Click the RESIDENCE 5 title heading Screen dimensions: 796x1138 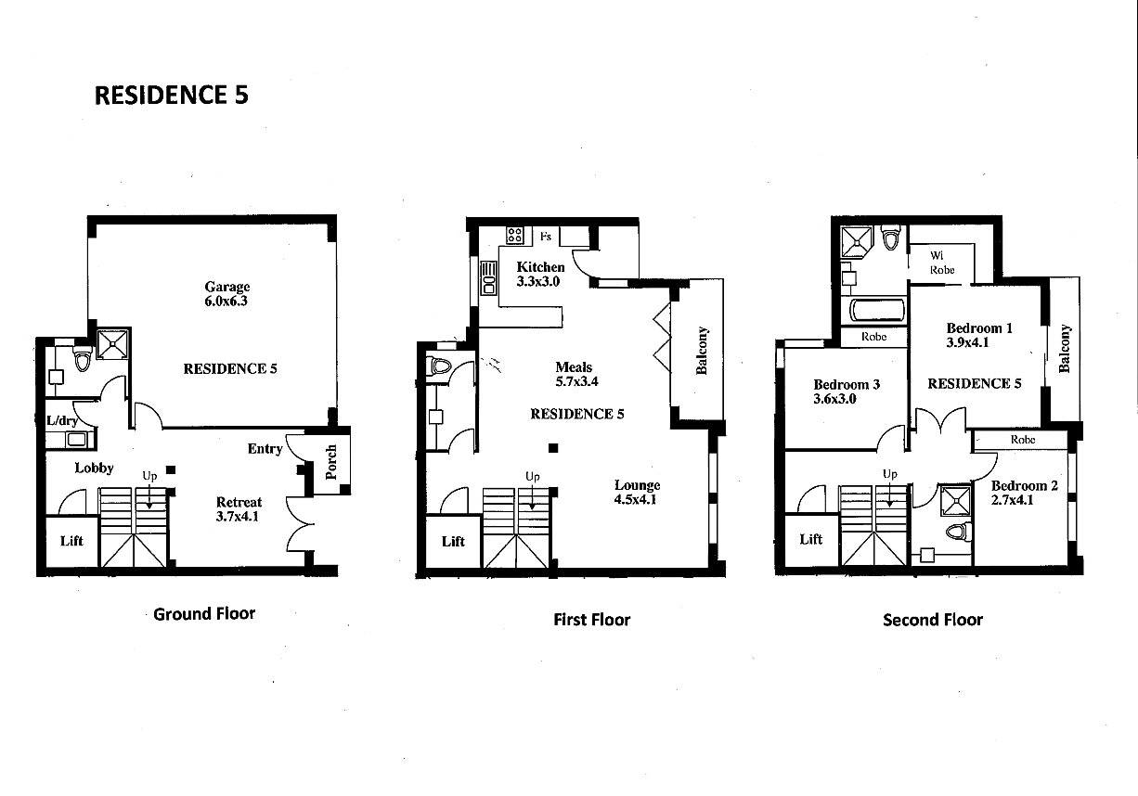(x=172, y=95)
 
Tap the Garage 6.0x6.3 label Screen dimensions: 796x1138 (x=227, y=294)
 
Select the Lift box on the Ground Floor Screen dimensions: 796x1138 (x=71, y=541)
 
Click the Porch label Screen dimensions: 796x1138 (x=332, y=461)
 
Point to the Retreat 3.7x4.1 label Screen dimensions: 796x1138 (x=239, y=509)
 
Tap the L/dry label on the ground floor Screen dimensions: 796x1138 (x=63, y=420)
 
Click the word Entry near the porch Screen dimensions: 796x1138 (x=265, y=449)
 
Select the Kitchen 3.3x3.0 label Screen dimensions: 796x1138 (x=540, y=274)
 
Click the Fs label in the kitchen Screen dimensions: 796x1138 (x=546, y=237)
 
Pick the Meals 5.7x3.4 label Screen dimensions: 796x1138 (x=574, y=374)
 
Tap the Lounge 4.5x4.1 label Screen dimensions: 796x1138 (x=637, y=492)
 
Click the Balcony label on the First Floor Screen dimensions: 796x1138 (x=703, y=350)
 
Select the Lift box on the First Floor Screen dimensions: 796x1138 (x=453, y=541)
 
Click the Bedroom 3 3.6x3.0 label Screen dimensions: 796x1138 (x=846, y=392)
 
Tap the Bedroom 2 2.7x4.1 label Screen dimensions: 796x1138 (x=1024, y=493)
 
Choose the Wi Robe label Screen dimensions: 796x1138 (x=941, y=263)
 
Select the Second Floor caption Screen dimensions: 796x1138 (x=932, y=620)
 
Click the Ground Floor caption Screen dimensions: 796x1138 (x=203, y=613)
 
